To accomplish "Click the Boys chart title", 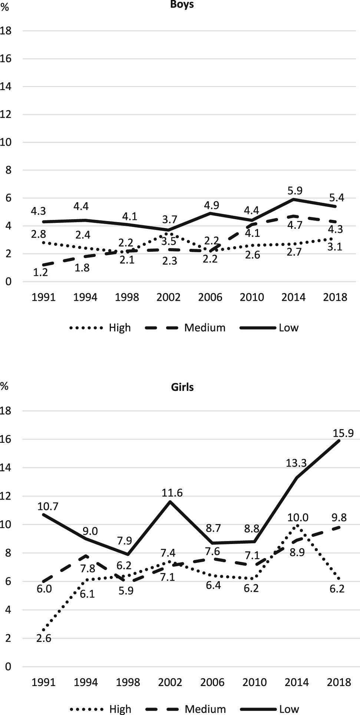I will click(x=182, y=5).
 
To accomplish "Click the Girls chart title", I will click(x=182, y=387).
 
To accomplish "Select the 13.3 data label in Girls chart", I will click(x=296, y=463).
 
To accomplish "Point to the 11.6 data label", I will click(x=172, y=493).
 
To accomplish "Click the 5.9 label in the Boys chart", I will click(x=295, y=191).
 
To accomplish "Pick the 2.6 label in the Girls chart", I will click(x=44, y=638).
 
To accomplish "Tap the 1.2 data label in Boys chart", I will click(x=41, y=273).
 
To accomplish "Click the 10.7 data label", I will click(x=48, y=506).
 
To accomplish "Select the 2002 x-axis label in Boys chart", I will click(x=169, y=297).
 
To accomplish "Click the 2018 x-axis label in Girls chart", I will click(x=339, y=682).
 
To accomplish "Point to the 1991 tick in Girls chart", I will click(x=44, y=682).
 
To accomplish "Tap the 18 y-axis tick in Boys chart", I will click(x=6, y=31).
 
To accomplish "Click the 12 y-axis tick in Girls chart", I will click(x=6, y=496).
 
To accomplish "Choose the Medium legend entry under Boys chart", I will click(x=205, y=328).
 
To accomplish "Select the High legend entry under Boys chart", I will click(x=120, y=328).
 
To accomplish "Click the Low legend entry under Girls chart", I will click(x=289, y=709).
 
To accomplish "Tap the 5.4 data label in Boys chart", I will click(x=337, y=198).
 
